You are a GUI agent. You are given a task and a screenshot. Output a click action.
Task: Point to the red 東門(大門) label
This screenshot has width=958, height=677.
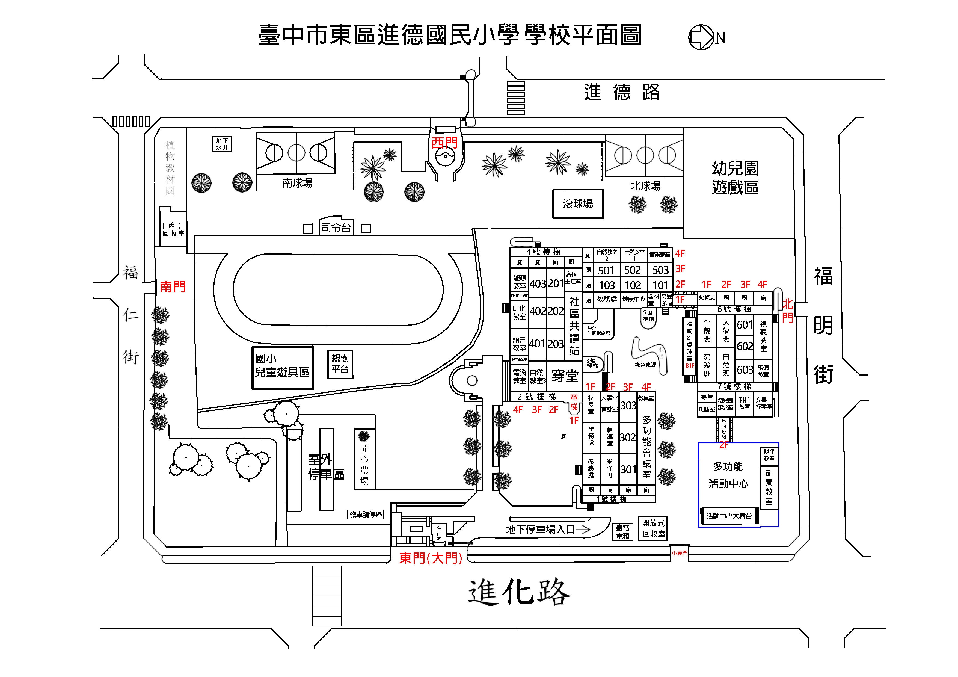[430, 558]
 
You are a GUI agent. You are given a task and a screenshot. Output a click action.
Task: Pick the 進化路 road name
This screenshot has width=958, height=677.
[519, 592]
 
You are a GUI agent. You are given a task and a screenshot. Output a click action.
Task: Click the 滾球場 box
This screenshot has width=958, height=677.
[578, 204]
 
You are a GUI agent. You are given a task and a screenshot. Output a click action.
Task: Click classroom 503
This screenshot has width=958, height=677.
[660, 270]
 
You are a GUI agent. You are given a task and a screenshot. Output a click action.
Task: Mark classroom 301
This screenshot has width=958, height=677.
[628, 469]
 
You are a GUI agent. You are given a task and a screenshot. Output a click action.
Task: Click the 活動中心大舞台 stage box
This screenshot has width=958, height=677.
[729, 516]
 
